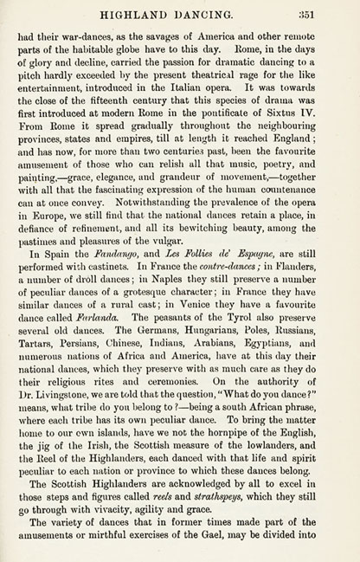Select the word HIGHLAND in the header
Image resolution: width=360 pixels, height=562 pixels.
152,13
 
